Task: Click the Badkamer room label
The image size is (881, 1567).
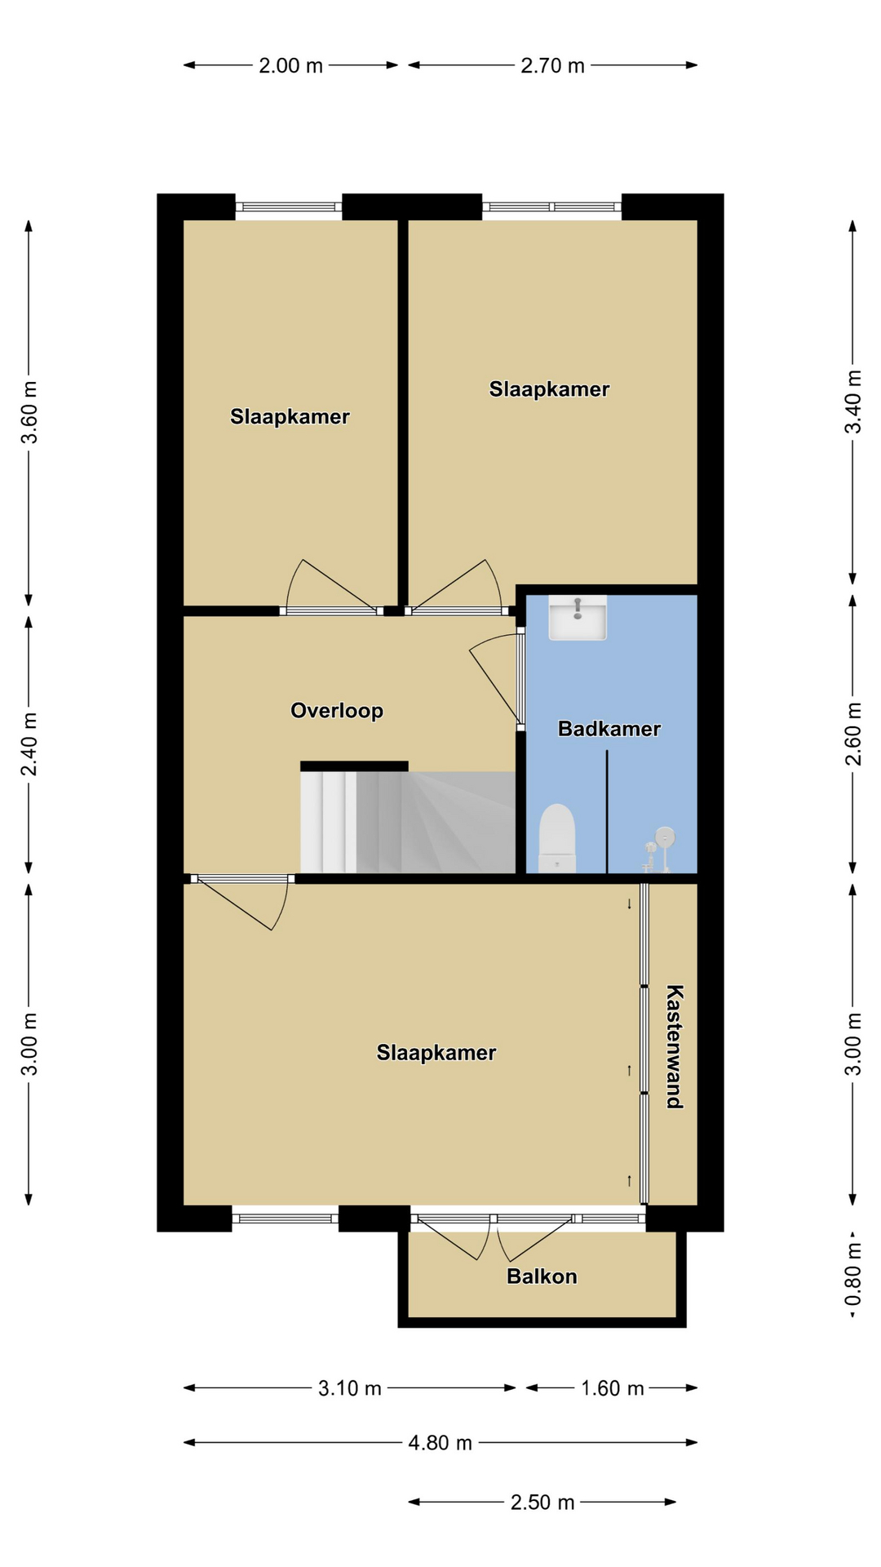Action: [609, 729]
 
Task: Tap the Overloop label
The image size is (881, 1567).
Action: [337, 711]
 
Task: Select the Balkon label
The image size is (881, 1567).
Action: [542, 1276]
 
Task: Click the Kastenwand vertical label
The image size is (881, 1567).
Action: [675, 1046]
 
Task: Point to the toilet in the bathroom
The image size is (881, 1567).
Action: [558, 838]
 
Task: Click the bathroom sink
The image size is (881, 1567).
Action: [578, 618]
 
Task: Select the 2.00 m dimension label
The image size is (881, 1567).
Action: [291, 65]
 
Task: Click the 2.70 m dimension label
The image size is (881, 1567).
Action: [553, 65]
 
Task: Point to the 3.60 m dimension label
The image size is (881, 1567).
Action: [29, 412]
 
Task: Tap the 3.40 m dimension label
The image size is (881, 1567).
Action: [853, 402]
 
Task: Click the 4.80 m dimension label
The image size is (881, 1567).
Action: [440, 1443]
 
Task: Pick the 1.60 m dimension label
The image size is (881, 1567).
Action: [613, 1388]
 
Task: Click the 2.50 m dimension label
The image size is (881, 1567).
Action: [542, 1503]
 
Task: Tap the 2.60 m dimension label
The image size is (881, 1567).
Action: [853, 734]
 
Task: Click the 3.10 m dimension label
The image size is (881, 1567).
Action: [350, 1388]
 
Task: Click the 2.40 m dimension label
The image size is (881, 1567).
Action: [29, 744]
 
